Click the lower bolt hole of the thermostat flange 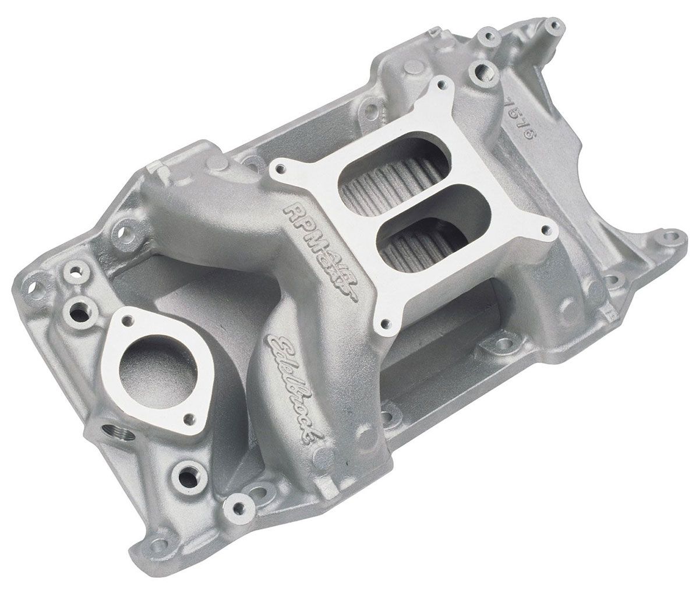pos(188,418)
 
